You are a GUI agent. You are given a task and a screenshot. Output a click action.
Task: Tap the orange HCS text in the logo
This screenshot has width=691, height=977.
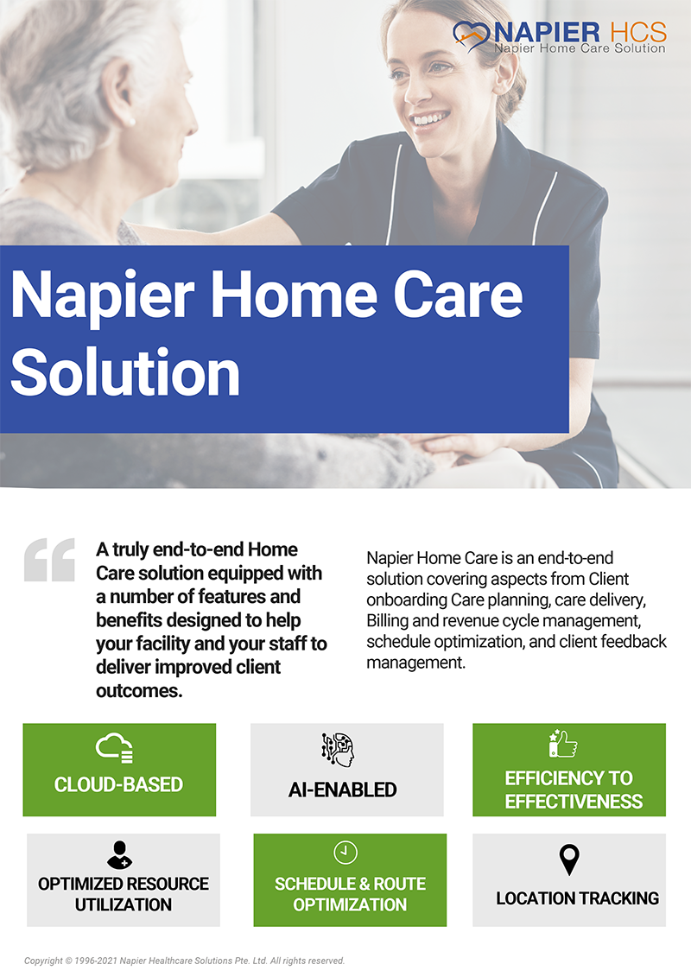[638, 32]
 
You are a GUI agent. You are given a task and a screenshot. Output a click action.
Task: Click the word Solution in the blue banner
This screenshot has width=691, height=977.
[125, 372]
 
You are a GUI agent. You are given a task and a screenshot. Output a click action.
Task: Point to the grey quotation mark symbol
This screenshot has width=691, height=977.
[49, 560]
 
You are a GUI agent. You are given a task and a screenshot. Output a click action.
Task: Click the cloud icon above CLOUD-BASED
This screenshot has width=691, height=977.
[115, 748]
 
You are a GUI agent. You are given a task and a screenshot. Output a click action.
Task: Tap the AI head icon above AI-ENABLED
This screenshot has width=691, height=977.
[338, 750]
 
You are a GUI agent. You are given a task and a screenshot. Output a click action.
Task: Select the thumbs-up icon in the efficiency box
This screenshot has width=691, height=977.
[562, 744]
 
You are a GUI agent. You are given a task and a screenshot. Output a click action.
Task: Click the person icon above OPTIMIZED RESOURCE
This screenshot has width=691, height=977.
[119, 855]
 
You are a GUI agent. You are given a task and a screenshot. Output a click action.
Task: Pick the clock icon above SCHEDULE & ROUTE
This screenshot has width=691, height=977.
[345, 853]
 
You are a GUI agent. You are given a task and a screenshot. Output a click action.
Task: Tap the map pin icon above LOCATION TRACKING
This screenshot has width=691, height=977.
[569, 860]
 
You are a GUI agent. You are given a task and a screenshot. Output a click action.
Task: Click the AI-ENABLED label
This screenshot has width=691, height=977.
[343, 790]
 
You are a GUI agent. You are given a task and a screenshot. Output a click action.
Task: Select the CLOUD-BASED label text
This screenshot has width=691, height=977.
[118, 784]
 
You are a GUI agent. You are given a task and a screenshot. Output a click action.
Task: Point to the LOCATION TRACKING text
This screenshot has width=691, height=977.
[578, 898]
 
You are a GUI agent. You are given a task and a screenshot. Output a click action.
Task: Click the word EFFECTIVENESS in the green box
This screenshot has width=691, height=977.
[574, 802]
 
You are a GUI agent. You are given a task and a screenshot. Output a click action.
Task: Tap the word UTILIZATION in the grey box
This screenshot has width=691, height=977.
[124, 904]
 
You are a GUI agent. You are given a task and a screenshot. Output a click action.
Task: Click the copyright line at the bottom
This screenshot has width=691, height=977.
[185, 961]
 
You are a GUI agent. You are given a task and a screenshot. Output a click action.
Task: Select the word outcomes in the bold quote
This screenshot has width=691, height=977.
[139, 691]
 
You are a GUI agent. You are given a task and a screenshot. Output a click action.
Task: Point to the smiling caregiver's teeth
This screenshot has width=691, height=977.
[430, 118]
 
